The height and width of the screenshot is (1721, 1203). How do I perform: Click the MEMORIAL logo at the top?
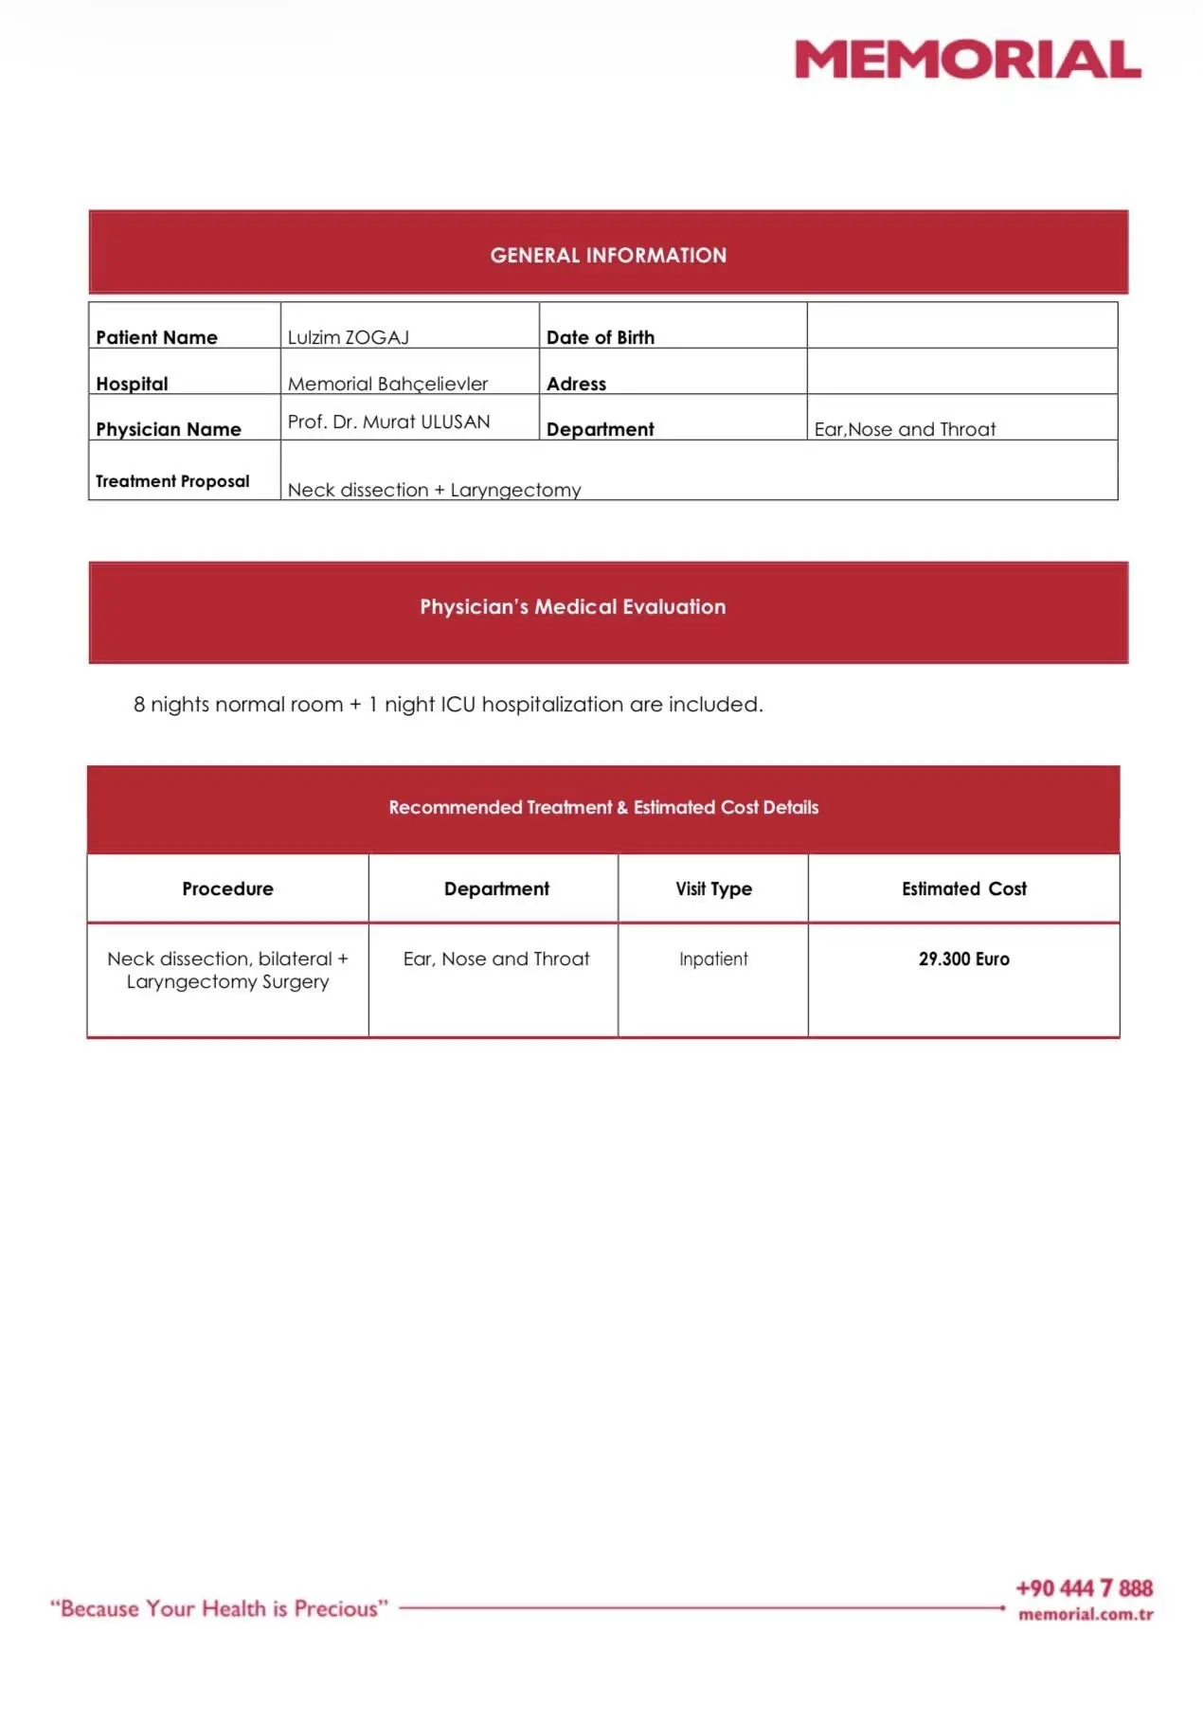point(967,60)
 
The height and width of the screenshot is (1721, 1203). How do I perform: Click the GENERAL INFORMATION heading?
point(608,255)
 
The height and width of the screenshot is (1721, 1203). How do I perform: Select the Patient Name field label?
point(156,337)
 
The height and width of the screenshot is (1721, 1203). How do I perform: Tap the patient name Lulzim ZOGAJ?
point(348,337)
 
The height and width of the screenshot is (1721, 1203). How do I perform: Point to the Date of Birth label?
point(600,337)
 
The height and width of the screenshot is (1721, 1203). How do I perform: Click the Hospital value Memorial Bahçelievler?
point(387,384)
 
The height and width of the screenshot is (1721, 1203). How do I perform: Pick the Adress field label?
point(576,384)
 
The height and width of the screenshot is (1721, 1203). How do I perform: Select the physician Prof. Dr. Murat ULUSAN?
point(388,421)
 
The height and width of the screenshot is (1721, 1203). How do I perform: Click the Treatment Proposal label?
point(172,481)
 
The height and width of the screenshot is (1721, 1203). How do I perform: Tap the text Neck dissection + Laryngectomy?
point(434,490)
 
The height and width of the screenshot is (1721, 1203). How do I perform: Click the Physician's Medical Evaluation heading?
point(572,607)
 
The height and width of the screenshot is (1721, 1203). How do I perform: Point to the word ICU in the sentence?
point(458,705)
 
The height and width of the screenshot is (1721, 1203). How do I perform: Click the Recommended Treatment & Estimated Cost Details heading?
point(603,807)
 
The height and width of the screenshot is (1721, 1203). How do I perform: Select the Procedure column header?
point(227,888)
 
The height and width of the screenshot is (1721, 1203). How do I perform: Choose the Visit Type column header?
point(713,888)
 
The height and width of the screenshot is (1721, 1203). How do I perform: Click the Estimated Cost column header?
point(963,888)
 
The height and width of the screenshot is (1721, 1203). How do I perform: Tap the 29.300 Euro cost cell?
point(963,959)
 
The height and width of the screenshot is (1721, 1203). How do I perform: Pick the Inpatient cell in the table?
point(713,959)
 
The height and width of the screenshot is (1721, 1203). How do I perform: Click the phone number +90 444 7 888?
point(1084,1588)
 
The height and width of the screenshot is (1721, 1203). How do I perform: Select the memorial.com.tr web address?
point(1086,1614)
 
